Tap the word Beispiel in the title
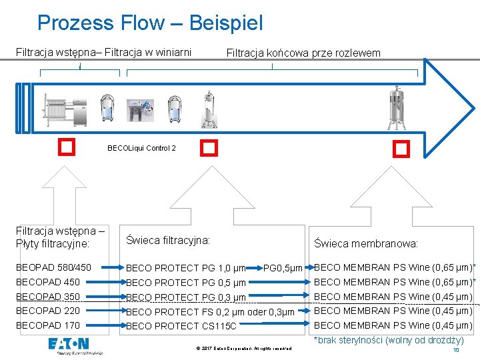226,23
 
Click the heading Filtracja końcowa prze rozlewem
303,53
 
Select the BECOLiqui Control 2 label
141,148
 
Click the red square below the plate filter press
65,146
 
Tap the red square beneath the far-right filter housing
401,148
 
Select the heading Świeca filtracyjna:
168,239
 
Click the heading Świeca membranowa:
366,244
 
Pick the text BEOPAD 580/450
53,267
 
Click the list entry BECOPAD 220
48,311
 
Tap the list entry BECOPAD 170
48,325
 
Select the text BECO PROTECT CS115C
181,326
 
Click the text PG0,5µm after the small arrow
284,268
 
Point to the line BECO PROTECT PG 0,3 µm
186,297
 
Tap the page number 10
456,350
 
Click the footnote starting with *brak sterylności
389,340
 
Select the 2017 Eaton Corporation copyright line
244,348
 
